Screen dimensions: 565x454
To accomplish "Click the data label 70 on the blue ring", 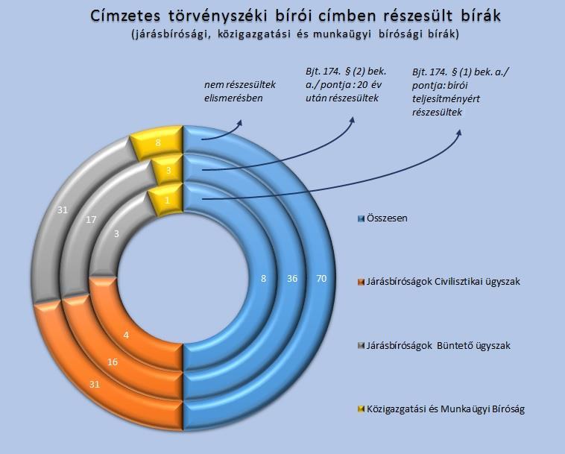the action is (x=321, y=278).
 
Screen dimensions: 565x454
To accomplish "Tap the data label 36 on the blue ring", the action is (x=292, y=278).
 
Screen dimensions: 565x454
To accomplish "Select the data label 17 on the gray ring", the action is (x=91, y=219).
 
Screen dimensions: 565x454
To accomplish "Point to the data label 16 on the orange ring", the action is (x=113, y=362).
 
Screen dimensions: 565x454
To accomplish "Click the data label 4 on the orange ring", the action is (x=126, y=335).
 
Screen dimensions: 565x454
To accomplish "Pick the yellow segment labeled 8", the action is (x=157, y=142).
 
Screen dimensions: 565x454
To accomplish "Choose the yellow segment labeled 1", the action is (x=166, y=200).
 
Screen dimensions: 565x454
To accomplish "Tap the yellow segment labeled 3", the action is (x=168, y=170).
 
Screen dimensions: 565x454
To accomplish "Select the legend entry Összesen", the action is (x=382, y=218).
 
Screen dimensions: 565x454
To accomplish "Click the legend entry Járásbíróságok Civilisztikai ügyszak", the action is (x=439, y=281).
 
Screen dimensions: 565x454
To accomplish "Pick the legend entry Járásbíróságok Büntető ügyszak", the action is (x=435, y=346).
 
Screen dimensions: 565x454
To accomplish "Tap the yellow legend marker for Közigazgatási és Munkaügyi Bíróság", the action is (x=361, y=409).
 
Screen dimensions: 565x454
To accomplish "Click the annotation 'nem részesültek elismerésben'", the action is (x=240, y=91).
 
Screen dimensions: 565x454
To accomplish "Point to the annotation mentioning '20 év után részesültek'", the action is (x=346, y=85).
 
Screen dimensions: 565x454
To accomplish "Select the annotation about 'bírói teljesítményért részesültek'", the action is (x=461, y=92).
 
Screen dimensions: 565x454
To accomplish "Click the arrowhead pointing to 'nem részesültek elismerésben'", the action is (x=239, y=122).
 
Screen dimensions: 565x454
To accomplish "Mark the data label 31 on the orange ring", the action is (x=95, y=385).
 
